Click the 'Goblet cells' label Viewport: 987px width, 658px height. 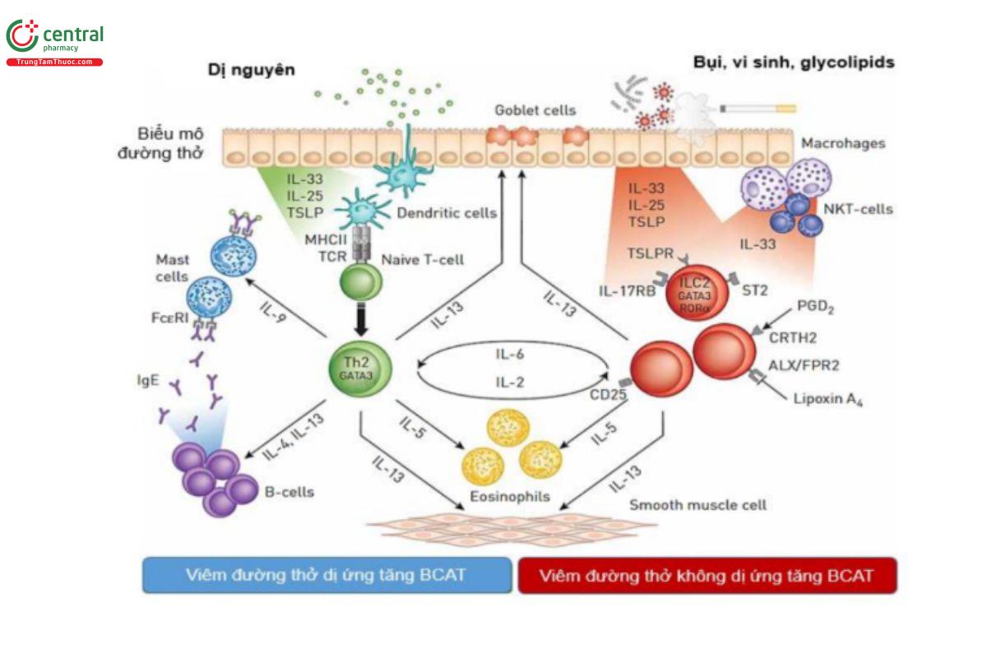tap(535, 109)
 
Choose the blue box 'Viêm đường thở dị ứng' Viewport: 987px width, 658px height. tap(327, 575)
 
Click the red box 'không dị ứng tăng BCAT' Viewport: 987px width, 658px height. tap(707, 575)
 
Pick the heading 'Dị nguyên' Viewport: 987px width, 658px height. tap(250, 70)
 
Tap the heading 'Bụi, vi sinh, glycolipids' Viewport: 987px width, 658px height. tap(794, 62)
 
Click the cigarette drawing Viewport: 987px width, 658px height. tap(758, 108)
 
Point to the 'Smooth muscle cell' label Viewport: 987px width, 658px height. tap(697, 504)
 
